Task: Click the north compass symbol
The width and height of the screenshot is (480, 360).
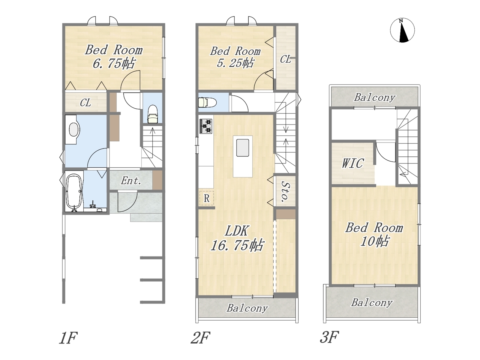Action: click(402, 30)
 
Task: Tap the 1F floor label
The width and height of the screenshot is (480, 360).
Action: click(68, 338)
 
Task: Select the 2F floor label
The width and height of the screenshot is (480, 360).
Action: click(200, 338)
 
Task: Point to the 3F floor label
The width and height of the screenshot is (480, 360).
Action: click(329, 337)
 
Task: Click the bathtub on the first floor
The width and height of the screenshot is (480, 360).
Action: click(74, 192)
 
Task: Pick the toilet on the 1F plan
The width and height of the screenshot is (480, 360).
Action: click(153, 114)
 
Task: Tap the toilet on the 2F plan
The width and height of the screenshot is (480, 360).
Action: click(207, 102)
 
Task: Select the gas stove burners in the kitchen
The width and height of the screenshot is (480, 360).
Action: click(205, 126)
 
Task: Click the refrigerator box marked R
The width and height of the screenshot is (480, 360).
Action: click(206, 198)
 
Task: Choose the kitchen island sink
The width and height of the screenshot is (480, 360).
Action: click(243, 148)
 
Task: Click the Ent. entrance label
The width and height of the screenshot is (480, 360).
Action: click(131, 181)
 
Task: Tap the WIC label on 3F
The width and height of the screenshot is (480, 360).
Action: click(353, 163)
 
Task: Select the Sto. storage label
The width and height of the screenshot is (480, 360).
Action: click(285, 192)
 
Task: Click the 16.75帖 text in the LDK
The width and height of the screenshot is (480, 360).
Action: click(237, 245)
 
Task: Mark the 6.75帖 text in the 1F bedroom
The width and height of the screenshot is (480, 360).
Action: click(114, 63)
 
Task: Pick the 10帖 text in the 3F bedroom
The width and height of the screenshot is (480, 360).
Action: click(374, 241)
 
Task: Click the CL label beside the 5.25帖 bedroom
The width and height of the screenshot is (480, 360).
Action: click(285, 59)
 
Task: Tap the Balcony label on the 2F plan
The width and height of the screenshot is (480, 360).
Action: click(247, 308)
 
